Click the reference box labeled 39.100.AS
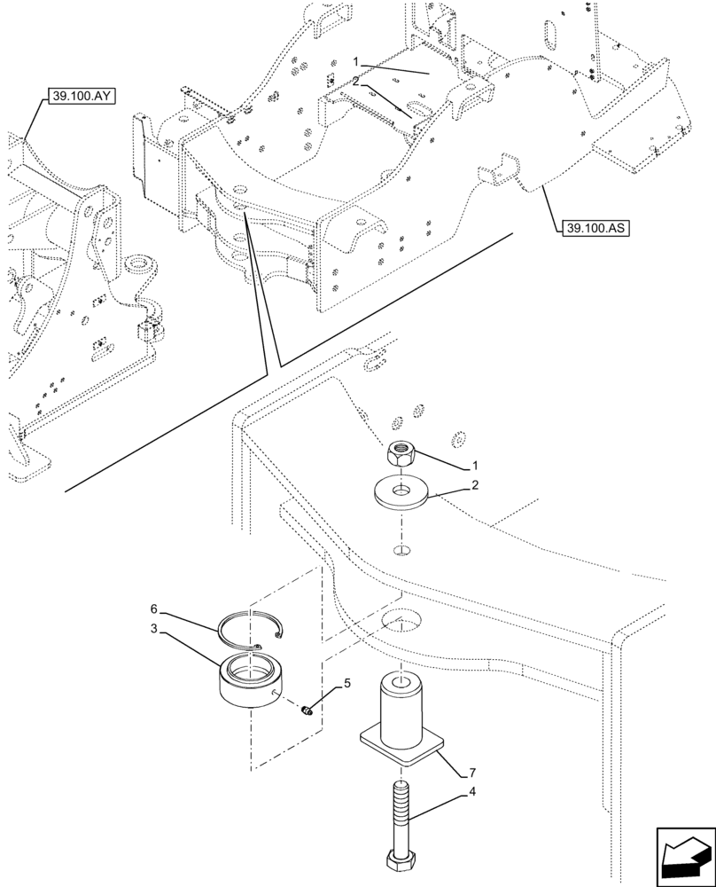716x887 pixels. click(x=594, y=228)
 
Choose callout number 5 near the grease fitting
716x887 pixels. click(x=347, y=683)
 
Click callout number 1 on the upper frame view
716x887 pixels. click(x=355, y=63)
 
